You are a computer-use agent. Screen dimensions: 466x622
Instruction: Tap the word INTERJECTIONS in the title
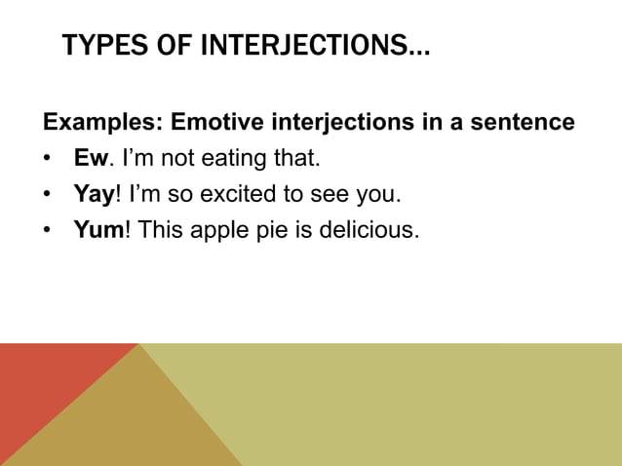(x=302, y=46)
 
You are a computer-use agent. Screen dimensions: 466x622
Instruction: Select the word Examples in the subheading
(x=101, y=124)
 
